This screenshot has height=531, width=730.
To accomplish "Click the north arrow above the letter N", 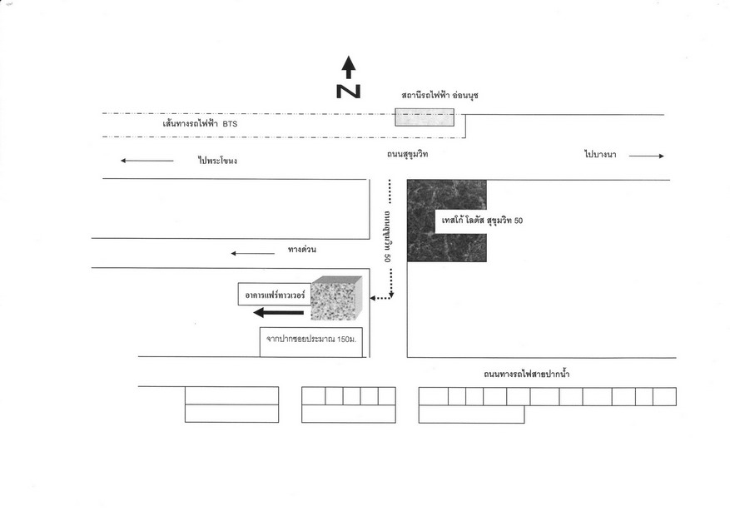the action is click(x=349, y=67).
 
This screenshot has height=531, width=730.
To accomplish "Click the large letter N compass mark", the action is click(x=348, y=92).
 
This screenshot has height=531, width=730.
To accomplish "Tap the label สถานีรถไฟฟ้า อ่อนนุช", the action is click(x=439, y=96).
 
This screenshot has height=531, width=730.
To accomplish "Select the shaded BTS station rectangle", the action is click(x=425, y=117).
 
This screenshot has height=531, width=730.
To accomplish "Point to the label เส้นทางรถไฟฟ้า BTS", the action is click(x=200, y=124).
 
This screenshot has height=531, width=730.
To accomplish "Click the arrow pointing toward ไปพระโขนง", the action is click(x=147, y=161).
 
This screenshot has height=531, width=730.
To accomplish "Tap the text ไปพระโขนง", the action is click(x=217, y=161).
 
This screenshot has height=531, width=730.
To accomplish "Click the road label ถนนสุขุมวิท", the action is click(x=407, y=154).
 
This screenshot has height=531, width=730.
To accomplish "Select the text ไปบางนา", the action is click(x=601, y=154).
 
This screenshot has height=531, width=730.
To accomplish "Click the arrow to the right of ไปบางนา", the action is click(x=647, y=156).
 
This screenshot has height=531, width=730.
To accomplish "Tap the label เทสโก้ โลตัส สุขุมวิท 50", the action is click(x=482, y=220).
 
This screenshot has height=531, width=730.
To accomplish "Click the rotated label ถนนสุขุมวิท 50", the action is click(x=387, y=237).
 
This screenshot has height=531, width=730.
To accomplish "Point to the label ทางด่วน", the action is click(x=301, y=250).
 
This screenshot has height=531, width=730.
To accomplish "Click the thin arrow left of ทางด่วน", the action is click(x=253, y=253).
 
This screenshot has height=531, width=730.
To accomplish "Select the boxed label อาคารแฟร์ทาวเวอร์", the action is click(x=275, y=295).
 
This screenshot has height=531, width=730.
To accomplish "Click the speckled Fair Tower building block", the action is click(x=336, y=298).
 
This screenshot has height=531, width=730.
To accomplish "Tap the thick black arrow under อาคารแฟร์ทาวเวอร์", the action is click(x=278, y=313).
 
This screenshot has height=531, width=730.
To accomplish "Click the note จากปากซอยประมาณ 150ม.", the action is click(x=311, y=340).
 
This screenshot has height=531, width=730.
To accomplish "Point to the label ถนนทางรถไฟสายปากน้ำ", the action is click(x=527, y=374).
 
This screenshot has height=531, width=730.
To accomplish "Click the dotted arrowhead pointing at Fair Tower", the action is click(x=373, y=298).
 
